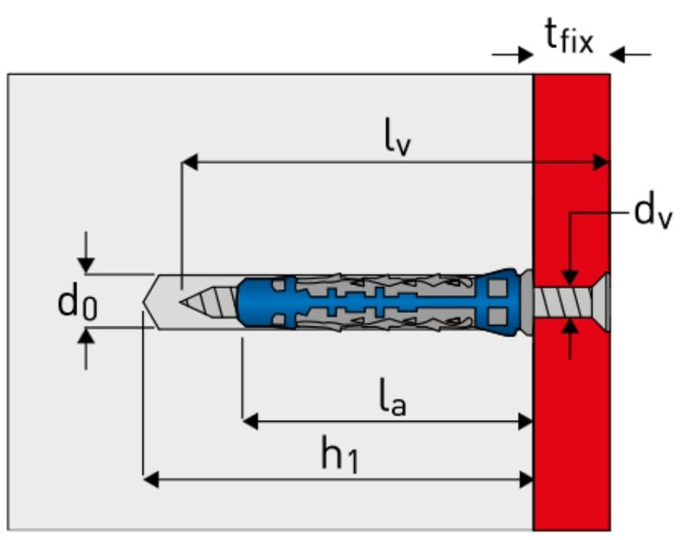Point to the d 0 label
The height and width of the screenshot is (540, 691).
tap(76, 302)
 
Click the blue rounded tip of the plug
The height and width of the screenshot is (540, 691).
tap(246, 300)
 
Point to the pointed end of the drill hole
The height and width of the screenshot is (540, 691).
tap(147, 300)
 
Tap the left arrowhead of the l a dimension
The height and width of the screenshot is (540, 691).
tap(250, 420)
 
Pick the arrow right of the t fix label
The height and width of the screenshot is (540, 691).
tap(619, 55)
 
